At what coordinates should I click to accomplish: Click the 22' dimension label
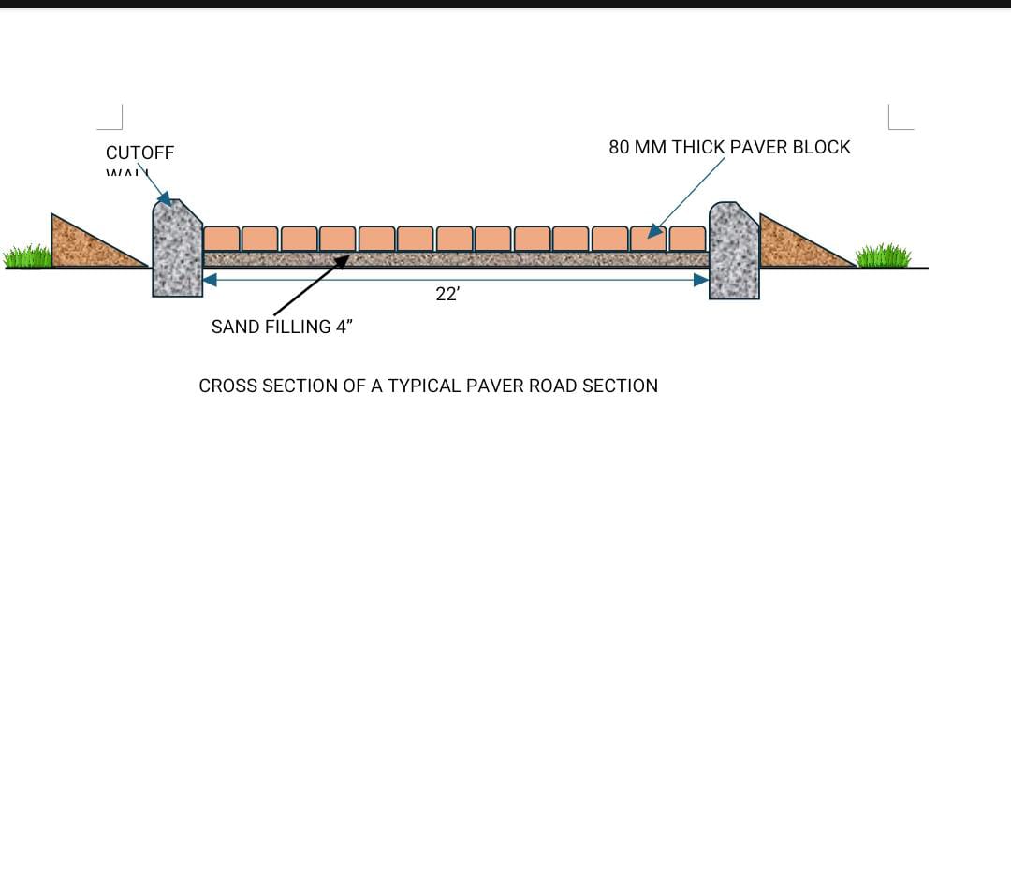click(447, 294)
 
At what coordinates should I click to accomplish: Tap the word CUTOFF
click(139, 153)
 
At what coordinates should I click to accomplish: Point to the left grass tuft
click(28, 255)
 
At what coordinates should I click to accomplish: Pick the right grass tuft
click(883, 255)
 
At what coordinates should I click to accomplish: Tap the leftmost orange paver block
click(221, 239)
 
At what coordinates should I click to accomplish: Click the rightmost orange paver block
click(688, 239)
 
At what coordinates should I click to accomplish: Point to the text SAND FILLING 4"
click(282, 327)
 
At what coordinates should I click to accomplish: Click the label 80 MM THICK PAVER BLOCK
click(729, 147)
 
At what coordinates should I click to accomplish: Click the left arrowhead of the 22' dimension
click(210, 279)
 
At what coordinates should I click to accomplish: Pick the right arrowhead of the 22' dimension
click(701, 279)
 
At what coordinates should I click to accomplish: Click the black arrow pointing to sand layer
click(311, 285)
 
